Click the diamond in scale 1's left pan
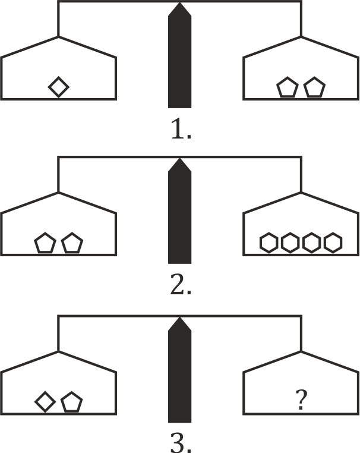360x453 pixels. point(58,87)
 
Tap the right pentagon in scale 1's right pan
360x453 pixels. point(314,89)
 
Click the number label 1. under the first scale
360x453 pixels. point(180,129)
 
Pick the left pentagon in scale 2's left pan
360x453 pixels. point(45,244)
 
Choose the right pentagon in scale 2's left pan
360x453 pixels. point(72,244)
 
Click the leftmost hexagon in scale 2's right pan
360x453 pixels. point(269,243)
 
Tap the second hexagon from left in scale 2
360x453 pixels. point(290,243)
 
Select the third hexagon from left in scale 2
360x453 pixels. point(312,243)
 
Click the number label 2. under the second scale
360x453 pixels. point(180,285)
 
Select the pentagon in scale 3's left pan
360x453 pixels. point(71,402)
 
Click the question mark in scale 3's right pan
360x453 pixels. point(301,402)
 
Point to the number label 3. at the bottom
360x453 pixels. point(180,443)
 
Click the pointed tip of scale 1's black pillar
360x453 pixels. point(179,5)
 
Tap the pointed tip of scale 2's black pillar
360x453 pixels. point(179,161)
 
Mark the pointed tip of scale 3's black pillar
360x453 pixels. point(179,319)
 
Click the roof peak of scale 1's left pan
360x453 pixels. point(58,37)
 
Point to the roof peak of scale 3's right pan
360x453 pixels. point(301,351)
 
